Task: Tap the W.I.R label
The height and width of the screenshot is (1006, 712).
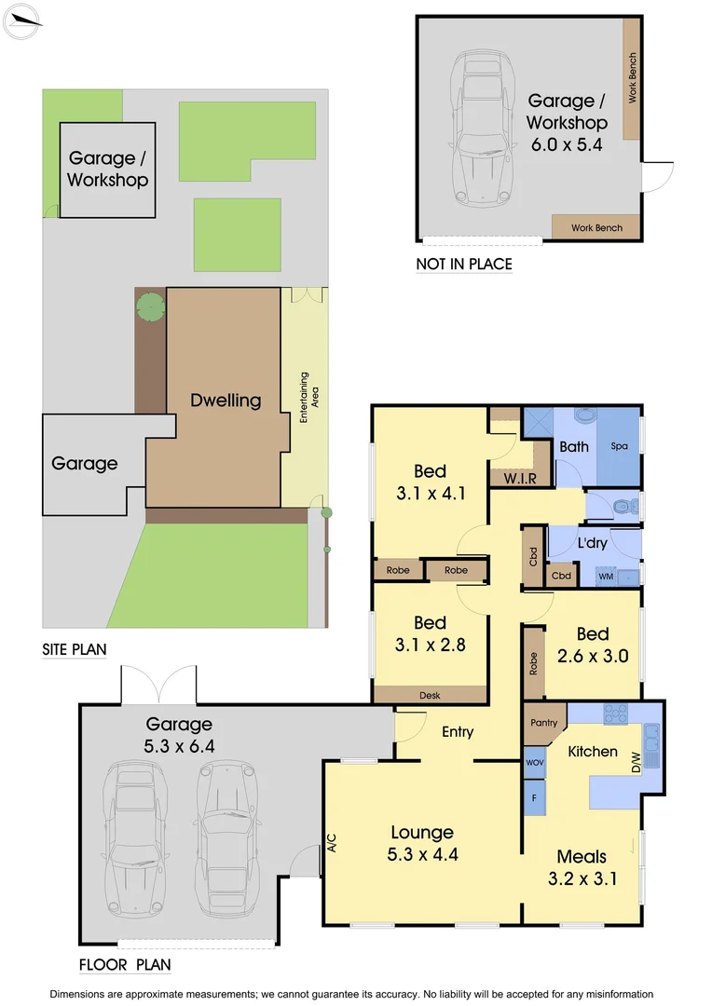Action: [x=519, y=479]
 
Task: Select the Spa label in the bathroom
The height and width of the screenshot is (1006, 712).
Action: [x=619, y=447]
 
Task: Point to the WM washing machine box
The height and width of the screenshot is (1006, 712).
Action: [x=606, y=577]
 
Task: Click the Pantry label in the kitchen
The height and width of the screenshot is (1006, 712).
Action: [x=543, y=723]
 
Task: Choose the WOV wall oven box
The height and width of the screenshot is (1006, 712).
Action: [x=535, y=763]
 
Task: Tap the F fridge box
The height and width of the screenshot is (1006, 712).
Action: [x=535, y=798]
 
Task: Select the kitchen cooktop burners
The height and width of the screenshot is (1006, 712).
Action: [x=616, y=714]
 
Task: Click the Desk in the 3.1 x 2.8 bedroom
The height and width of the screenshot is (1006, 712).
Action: [x=430, y=694]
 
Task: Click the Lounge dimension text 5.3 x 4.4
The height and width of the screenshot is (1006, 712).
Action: [x=422, y=853]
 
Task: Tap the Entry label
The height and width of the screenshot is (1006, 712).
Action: [x=458, y=732]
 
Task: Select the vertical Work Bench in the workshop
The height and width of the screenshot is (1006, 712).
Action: [x=632, y=79]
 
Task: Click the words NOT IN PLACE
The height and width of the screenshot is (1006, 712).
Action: [x=464, y=265]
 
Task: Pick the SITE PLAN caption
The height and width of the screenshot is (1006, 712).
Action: [x=75, y=648]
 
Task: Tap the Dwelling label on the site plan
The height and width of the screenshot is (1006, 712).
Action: [x=226, y=401]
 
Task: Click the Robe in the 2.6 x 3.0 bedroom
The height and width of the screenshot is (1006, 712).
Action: [x=533, y=661]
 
